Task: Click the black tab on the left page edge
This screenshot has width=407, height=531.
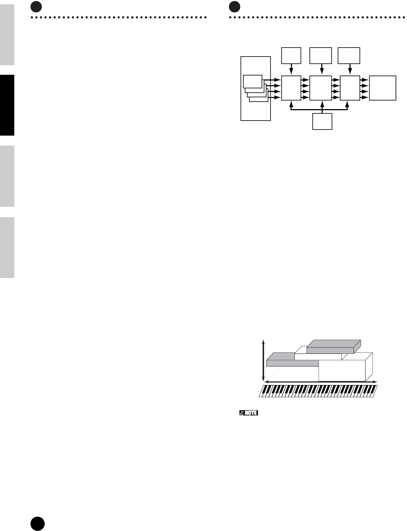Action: pyautogui.click(x=7, y=105)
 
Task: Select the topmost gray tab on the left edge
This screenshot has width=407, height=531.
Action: pyautogui.click(x=7, y=34)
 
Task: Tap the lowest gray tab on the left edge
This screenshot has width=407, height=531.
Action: pyautogui.click(x=7, y=247)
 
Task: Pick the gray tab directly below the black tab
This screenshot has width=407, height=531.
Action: pyautogui.click(x=7, y=176)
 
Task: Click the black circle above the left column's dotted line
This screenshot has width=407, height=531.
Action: pyautogui.click(x=36, y=6)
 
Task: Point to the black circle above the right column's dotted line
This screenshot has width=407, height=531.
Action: pyautogui.click(x=234, y=6)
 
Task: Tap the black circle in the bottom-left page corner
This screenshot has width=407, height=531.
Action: pyautogui.click(x=37, y=524)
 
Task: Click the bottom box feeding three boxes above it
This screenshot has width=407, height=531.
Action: pyautogui.click(x=322, y=121)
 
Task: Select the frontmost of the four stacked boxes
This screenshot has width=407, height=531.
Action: pyautogui.click(x=253, y=82)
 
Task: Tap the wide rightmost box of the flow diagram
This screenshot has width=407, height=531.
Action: pyautogui.click(x=383, y=88)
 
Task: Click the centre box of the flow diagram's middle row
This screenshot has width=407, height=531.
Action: pyautogui.click(x=321, y=88)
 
